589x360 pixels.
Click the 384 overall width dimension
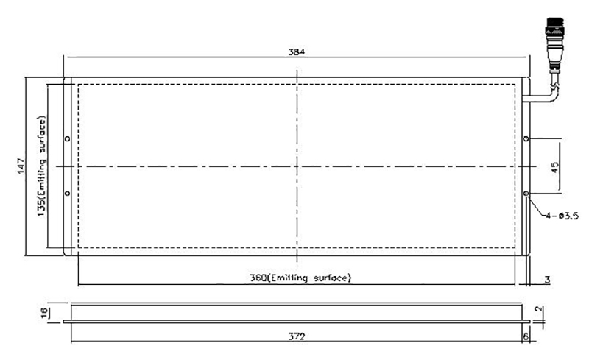click(x=297, y=52)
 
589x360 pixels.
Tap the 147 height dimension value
click(x=21, y=166)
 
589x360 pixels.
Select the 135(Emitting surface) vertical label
click(x=42, y=166)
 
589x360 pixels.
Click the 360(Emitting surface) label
click(x=300, y=278)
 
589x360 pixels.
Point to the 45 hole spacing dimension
click(x=555, y=167)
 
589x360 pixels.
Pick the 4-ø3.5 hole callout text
click(x=562, y=216)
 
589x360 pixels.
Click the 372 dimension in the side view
click(x=297, y=336)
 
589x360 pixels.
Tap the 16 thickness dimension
click(x=45, y=313)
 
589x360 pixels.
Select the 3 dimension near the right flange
click(x=547, y=280)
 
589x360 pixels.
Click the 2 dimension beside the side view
click(x=539, y=309)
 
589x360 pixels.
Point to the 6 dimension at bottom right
click(x=526, y=336)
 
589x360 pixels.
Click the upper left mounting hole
click(x=67, y=138)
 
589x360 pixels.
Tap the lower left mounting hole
click(x=67, y=193)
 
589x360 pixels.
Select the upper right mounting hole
click(x=526, y=138)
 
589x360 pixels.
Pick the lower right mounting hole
click(x=526, y=193)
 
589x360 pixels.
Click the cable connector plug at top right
click(x=555, y=43)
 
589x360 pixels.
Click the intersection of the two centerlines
click(x=297, y=166)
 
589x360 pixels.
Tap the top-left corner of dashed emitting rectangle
click(x=78, y=85)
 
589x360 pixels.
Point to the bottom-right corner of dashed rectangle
click(x=515, y=247)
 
